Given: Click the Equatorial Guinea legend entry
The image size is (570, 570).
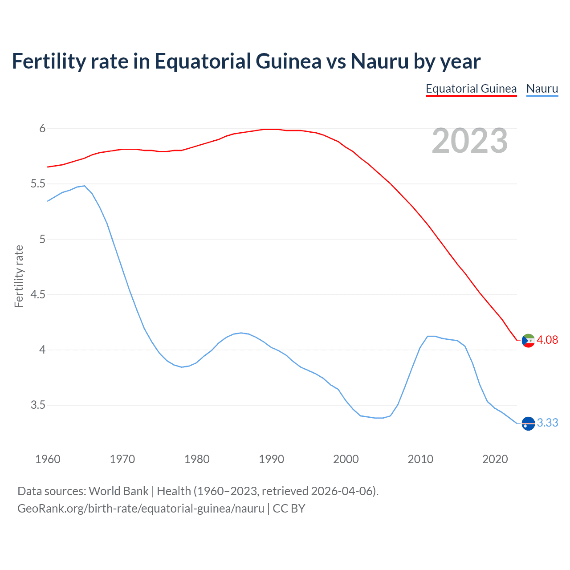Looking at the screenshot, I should (x=471, y=89).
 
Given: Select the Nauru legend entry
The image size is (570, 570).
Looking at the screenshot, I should (x=542, y=89).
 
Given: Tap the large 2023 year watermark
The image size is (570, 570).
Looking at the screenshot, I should (x=470, y=141).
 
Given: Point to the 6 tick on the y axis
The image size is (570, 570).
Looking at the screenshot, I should (x=43, y=129).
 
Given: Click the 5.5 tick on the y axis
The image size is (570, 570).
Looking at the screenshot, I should (x=38, y=184).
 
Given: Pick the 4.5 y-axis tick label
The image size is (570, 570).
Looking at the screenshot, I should (x=38, y=295).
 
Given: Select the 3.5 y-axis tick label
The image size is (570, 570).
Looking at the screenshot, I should (x=38, y=405).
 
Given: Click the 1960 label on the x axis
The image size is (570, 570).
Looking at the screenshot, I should (x=48, y=459).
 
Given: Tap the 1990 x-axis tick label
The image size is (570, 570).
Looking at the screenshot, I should (x=271, y=459).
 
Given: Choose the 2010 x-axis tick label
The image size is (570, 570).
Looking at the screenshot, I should (x=420, y=459).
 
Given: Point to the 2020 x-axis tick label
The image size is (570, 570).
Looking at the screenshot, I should (x=495, y=459).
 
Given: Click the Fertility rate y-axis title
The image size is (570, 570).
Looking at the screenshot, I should (x=19, y=276).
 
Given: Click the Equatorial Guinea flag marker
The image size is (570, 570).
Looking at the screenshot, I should (x=528, y=341).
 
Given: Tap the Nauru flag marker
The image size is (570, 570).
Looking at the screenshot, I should (x=528, y=423).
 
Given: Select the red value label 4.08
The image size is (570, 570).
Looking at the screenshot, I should (x=547, y=340).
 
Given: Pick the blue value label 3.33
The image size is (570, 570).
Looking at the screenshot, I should (x=547, y=423).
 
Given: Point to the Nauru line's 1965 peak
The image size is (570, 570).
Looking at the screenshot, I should (x=85, y=186).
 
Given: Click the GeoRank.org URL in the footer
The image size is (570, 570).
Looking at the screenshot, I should (x=141, y=509).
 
